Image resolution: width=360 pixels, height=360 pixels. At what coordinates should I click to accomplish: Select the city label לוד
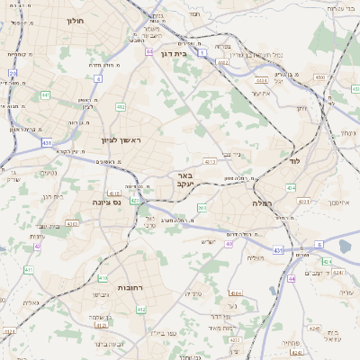tap(294, 160)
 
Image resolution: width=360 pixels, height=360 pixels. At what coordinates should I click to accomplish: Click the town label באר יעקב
tap(184, 181)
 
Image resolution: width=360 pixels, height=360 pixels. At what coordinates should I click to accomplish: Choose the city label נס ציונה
tap(106, 203)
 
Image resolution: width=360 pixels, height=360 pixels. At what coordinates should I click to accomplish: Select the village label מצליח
tap(256, 257)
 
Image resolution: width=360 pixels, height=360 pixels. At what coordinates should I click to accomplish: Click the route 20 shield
tap(13, 74)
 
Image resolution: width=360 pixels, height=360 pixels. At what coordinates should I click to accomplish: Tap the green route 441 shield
tap(45, 94)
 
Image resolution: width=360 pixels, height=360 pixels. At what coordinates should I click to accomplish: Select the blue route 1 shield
tap(202, 54)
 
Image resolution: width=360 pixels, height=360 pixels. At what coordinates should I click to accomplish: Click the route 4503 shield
tap(320, 77)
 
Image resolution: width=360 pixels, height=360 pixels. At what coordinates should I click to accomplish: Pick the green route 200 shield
tap(202, 208)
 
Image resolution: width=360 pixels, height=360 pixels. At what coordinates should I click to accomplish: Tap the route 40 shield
tap(229, 243)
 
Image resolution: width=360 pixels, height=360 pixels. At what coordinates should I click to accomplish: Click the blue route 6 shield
tap(319, 244)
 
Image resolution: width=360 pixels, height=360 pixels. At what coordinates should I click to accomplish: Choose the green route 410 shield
tap(103, 278)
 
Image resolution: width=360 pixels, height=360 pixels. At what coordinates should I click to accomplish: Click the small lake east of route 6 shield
tap(346, 246)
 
